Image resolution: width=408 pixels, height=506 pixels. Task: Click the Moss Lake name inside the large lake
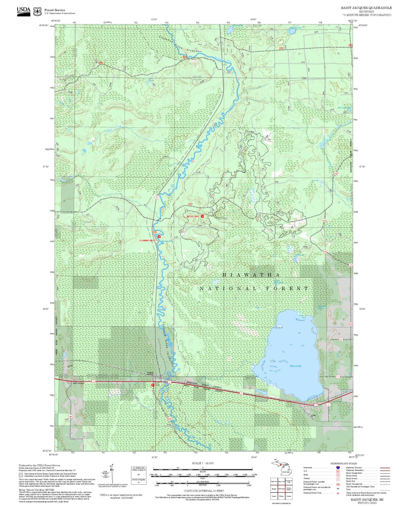(295, 366)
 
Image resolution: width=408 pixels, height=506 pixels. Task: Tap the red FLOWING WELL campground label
(147, 240)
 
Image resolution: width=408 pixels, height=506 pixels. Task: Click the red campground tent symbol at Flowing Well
(159, 237)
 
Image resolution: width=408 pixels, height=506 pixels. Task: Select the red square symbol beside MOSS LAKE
(203, 216)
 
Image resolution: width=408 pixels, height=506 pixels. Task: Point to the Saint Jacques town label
(78, 383)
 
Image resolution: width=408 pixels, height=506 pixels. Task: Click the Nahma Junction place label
(150, 373)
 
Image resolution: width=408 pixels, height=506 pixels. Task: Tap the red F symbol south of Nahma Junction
(153, 385)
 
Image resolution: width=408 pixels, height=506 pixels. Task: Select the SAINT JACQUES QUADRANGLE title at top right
(366, 8)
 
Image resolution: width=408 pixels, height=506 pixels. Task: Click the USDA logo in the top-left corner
(24, 11)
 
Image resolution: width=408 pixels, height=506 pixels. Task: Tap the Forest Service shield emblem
(37, 11)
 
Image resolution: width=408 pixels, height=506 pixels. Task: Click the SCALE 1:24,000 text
(203, 463)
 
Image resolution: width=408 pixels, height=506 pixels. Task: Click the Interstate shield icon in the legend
(338, 468)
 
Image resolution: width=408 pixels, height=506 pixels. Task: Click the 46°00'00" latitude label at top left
(44, 25)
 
